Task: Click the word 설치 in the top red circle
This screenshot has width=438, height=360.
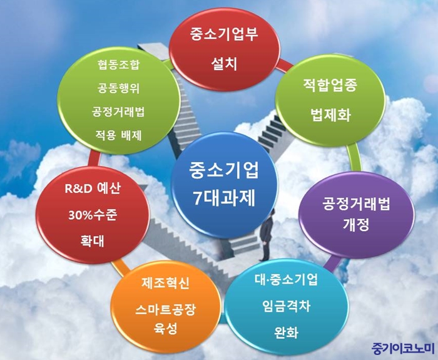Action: pyautogui.click(x=224, y=64)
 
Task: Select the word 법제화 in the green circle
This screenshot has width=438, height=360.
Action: pyautogui.click(x=330, y=115)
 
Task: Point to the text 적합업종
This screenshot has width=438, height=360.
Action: pyautogui.click(x=330, y=85)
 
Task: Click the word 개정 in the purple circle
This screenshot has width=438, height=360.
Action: pyautogui.click(x=356, y=224)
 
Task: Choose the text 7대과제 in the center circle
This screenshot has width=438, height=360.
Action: pyautogui.click(x=224, y=198)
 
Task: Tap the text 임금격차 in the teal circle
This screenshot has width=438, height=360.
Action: pyautogui.click(x=287, y=306)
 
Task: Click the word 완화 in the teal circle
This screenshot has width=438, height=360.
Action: pyautogui.click(x=287, y=332)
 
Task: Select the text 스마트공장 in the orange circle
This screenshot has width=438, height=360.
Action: pyautogui.click(x=165, y=310)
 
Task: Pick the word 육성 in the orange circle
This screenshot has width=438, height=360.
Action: pyautogui.click(x=165, y=328)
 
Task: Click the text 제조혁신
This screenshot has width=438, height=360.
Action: pyautogui.click(x=165, y=283)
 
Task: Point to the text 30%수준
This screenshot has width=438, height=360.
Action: pyautogui.click(x=93, y=215)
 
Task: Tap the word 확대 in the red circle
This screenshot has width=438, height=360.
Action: pyautogui.click(x=92, y=240)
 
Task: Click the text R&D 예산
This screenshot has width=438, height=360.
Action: pyautogui.click(x=93, y=188)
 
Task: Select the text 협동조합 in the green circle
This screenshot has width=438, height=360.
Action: pyautogui.click(x=118, y=64)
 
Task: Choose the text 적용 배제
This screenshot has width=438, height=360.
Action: pyautogui.click(x=118, y=136)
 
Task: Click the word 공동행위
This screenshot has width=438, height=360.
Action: pyautogui.click(x=118, y=88)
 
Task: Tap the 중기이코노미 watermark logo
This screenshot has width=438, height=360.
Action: pyautogui.click(x=403, y=348)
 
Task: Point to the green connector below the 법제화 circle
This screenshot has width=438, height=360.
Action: pyautogui.click(x=354, y=158)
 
